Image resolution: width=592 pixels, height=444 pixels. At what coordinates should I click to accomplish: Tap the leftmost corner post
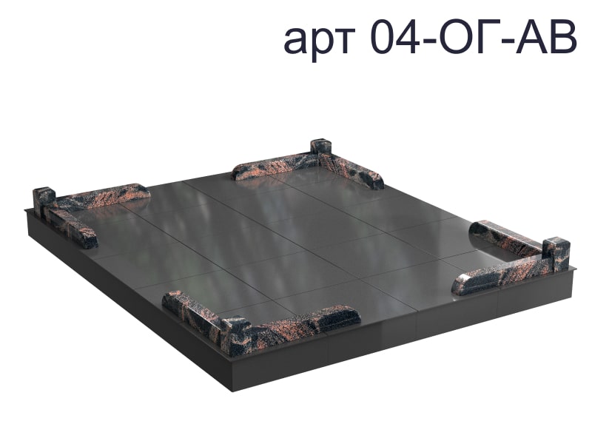44,201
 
